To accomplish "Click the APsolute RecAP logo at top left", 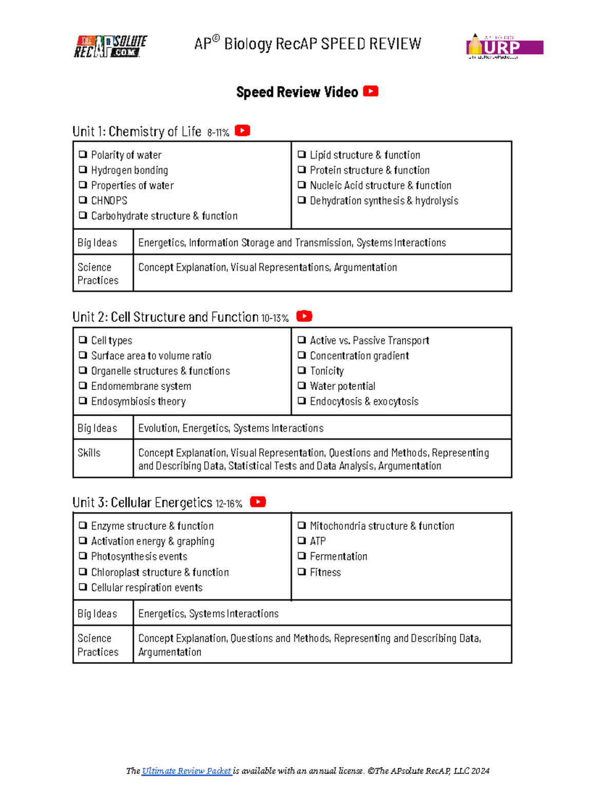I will tap(110, 46).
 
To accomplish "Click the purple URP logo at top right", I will tap(505, 47).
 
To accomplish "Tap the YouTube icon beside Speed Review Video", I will tap(371, 91).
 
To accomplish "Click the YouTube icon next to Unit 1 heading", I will tap(242, 131).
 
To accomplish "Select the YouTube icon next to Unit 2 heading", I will tap(304, 316).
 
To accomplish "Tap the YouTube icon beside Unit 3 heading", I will tap(258, 502).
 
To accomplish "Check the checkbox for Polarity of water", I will tap(83, 154).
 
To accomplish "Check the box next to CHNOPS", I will tap(83, 200).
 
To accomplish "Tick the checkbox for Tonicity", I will tap(302, 370).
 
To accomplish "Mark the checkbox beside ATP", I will tap(302, 540).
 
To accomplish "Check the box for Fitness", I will tap(302, 571).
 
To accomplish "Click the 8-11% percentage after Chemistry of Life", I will tap(218, 133).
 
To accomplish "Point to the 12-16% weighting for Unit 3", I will tap(229, 504).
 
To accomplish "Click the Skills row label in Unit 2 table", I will tap(89, 453).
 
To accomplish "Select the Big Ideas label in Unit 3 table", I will tap(97, 613).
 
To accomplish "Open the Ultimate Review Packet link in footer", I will tap(186, 771).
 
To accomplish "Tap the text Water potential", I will tap(342, 386).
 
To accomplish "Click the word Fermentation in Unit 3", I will tap(338, 556).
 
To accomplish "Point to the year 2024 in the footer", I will tap(480, 771).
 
